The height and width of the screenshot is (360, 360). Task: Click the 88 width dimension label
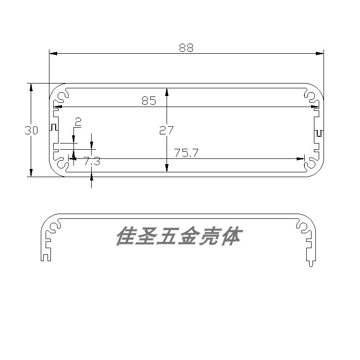pyautogui.click(x=186, y=48)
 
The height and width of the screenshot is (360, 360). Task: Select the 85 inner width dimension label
pyautogui.click(x=149, y=101)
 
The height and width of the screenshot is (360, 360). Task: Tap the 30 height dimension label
pyautogui.click(x=31, y=130)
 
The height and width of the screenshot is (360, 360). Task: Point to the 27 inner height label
pyautogui.click(x=167, y=130)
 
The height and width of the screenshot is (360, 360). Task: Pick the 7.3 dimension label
pyautogui.click(x=92, y=162)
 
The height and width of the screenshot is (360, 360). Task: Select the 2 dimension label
pyautogui.click(x=78, y=122)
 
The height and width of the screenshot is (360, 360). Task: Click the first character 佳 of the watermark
pyautogui.click(x=126, y=237)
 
